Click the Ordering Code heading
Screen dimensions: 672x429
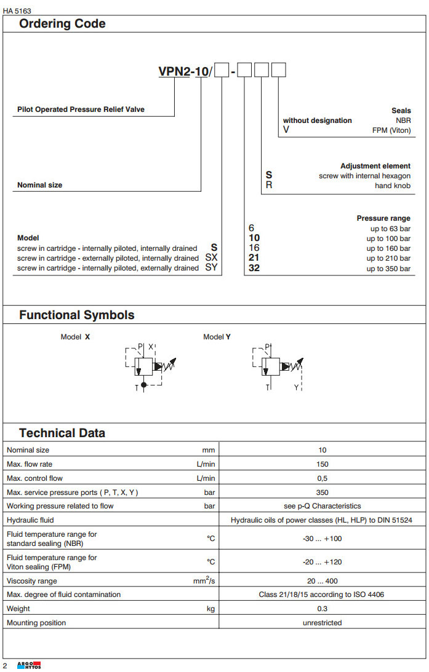pos(62,24)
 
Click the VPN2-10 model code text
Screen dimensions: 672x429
pos(183,71)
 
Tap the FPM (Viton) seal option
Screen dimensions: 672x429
pos(391,130)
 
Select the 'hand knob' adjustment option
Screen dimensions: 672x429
pos(393,185)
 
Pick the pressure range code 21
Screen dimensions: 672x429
pos(254,258)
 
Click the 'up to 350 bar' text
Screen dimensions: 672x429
pos(388,269)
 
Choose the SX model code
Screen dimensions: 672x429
pos(211,258)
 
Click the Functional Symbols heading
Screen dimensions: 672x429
pos(76,315)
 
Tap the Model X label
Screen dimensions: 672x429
pos(75,337)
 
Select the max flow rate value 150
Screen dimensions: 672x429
pos(323,464)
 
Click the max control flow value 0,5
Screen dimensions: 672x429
pos(323,478)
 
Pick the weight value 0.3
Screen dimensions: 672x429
pos(323,609)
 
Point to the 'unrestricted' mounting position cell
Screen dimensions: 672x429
pos(323,623)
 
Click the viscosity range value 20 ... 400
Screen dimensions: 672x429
pos(323,581)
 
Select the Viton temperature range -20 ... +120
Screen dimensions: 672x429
pos(323,562)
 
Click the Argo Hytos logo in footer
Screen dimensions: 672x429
pos(30,666)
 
